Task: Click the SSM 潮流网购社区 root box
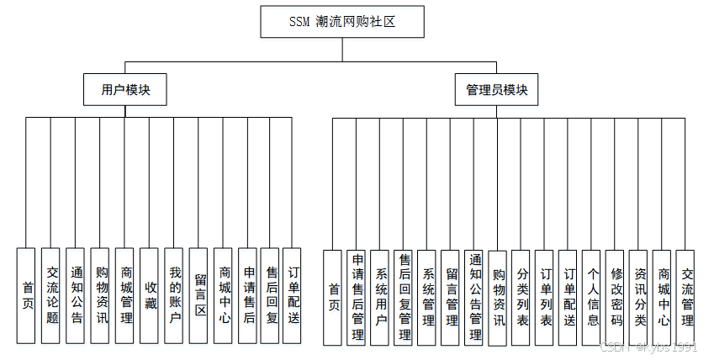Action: pos(342,23)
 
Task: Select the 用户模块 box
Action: pos(125,90)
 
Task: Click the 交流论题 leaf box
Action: pos(51,294)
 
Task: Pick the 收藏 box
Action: pos(150,294)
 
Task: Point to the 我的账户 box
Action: pos(174,294)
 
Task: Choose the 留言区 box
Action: pos(199,294)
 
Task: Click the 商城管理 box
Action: pos(124,294)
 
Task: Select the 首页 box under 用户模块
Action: pos(27,294)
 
